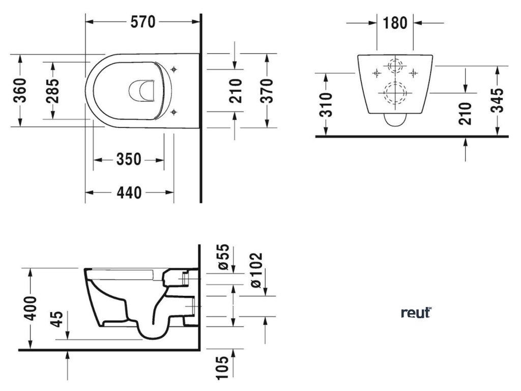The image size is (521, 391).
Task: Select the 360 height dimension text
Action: pyautogui.click(x=21, y=90)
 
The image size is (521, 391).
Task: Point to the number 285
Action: pyautogui.click(x=53, y=90)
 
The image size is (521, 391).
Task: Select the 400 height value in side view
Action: pyautogui.click(x=32, y=308)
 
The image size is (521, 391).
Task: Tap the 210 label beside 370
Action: pyautogui.click(x=235, y=90)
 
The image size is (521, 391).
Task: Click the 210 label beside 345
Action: pyautogui.click(x=465, y=113)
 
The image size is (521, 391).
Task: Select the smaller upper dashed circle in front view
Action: pyautogui.click(x=394, y=67)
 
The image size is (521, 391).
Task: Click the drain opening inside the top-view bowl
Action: pyautogui.click(x=142, y=91)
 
